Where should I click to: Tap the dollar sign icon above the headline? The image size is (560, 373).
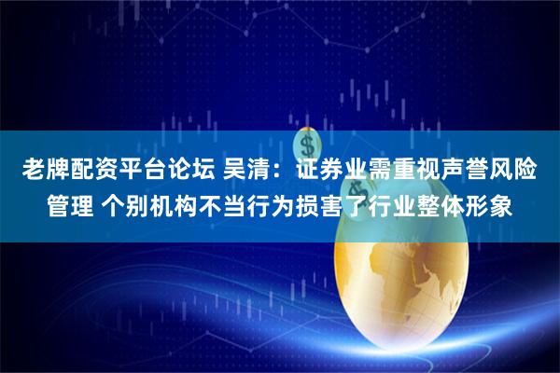[x=304, y=145]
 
